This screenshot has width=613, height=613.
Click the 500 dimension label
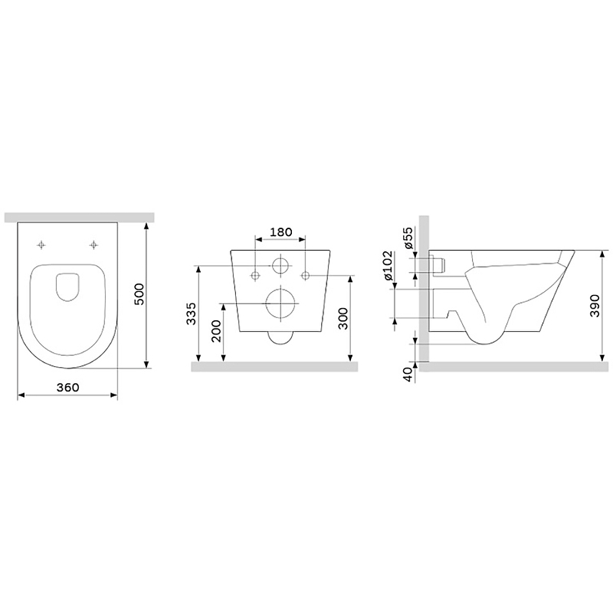[x=139, y=294]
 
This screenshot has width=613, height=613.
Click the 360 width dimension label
[x=67, y=388]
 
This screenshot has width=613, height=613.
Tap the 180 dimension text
[x=281, y=232]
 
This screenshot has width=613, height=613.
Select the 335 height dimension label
[x=191, y=313]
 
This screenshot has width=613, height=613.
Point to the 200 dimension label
[x=216, y=331]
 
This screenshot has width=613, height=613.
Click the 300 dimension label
[x=343, y=319]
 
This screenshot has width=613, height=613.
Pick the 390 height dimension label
[x=595, y=306]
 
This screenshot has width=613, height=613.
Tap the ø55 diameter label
[x=408, y=238]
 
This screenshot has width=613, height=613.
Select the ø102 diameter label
[x=388, y=266]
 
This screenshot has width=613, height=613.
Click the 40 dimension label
[x=408, y=374]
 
